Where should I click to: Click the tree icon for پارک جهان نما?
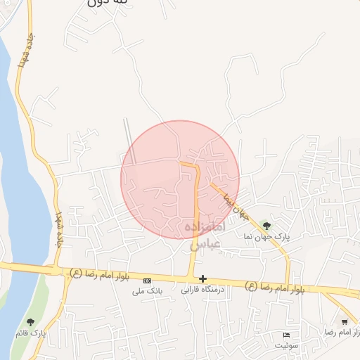click(x=266, y=225)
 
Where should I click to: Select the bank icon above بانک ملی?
click(x=147, y=280)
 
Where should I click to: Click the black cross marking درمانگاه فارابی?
click(x=202, y=279)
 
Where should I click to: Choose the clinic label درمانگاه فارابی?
click(x=202, y=290)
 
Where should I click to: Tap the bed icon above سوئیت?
click(x=285, y=335)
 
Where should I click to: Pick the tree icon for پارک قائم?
click(x=29, y=322)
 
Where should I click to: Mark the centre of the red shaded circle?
click(x=180, y=180)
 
